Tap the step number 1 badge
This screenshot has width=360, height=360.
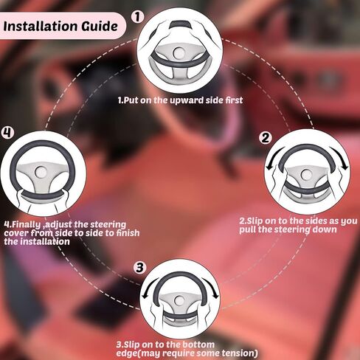tap(137, 17)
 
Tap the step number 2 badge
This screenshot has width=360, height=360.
tap(266, 138)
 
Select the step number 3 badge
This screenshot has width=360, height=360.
tap(139, 267)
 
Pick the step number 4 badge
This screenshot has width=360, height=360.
tap(7, 133)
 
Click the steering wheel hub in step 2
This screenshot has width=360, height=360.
tap(306, 174)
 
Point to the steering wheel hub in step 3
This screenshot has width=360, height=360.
tap(180, 300)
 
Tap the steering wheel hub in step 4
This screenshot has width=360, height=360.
tap(41, 172)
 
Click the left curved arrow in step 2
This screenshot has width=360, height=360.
tap(272, 157)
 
